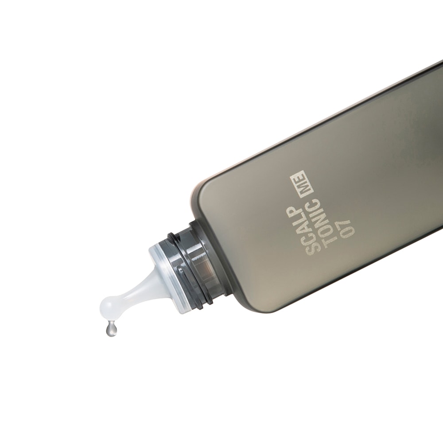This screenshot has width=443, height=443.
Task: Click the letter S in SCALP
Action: (x=312, y=249)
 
